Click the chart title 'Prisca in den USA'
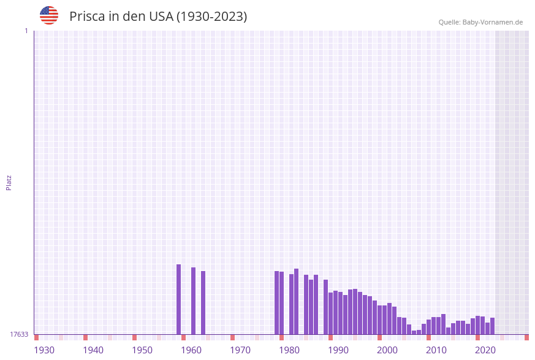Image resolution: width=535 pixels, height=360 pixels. coord(158,17)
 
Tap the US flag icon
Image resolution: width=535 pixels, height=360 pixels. coord(49,15)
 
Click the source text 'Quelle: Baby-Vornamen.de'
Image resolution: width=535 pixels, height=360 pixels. coord(480,22)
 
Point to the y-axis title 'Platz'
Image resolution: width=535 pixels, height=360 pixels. coord(9,182)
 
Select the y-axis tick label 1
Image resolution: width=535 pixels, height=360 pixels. coord(26,31)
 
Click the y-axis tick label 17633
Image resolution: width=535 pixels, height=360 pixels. coord(19,334)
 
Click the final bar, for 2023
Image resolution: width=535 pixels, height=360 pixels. coord(493,326)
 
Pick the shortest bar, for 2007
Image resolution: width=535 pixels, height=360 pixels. coord(414,332)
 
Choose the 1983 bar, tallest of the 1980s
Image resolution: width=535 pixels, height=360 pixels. coord(297,301)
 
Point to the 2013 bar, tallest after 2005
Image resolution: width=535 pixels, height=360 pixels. coord(444,324)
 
